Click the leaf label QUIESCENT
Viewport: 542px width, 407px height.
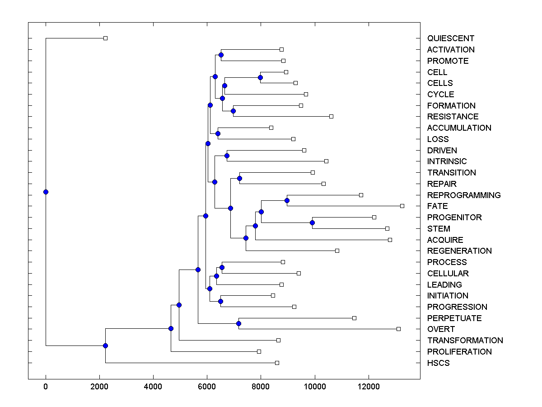tap(451, 38)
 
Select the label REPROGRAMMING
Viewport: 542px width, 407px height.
tap(464, 195)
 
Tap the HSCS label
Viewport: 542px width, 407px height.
tap(438, 363)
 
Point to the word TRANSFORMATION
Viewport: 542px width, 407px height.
tap(465, 341)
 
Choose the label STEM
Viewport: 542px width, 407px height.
tap(439, 229)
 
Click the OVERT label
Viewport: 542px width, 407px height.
tap(441, 329)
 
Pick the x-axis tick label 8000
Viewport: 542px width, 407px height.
tap(261, 387)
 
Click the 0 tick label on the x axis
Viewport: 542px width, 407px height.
tap(46, 387)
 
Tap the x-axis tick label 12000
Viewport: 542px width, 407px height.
tap(369, 387)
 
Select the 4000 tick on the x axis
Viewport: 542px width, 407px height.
tap(153, 387)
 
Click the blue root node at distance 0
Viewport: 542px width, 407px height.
tap(46, 192)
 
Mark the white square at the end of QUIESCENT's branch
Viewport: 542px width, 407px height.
tap(105, 38)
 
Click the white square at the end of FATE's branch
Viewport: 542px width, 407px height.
tap(402, 206)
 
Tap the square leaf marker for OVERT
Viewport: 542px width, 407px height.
tap(398, 329)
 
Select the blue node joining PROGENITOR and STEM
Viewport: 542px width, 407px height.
tap(312, 222)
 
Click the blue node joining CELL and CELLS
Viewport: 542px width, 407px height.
tap(260, 77)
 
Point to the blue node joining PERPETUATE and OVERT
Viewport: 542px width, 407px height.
tap(238, 323)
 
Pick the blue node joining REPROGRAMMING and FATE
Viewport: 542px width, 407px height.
tap(287, 200)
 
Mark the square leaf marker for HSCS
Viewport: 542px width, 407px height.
tap(277, 363)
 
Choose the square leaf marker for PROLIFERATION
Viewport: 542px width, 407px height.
tap(259, 351)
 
